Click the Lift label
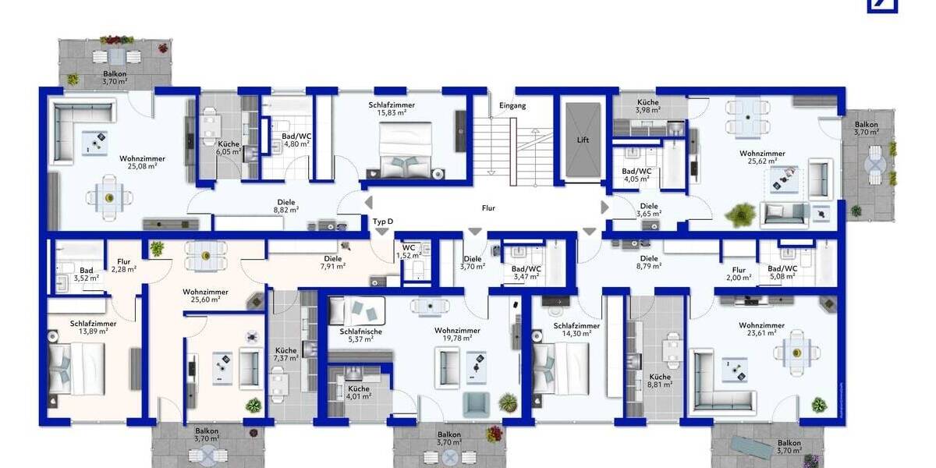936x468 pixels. (583, 140)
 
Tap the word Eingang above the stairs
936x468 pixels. (513, 105)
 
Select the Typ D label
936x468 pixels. (383, 222)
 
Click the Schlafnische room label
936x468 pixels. (360, 331)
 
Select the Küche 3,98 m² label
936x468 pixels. (648, 106)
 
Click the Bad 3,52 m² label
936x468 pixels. (86, 273)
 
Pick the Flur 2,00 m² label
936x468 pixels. (739, 272)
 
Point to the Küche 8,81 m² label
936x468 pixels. (660, 381)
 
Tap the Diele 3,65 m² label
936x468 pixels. (649, 210)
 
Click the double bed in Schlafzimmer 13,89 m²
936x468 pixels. (72, 369)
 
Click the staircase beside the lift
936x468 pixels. (513, 148)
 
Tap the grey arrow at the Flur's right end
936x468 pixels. (604, 207)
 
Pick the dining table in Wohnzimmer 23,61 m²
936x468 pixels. (796, 353)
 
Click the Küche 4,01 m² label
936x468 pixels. (359, 392)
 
